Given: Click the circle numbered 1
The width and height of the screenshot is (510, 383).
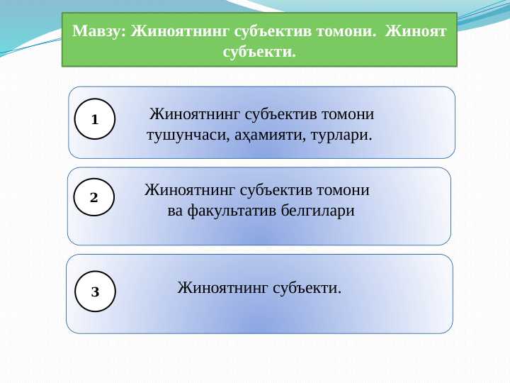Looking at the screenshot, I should click(x=95, y=118).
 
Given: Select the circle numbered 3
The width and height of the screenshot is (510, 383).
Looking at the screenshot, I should click(x=95, y=292).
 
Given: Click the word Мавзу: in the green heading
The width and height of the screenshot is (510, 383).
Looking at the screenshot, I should click(x=101, y=32).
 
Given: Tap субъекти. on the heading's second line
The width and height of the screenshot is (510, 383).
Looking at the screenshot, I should click(x=259, y=52).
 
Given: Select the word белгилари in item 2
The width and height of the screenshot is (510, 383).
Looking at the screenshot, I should click(x=318, y=211).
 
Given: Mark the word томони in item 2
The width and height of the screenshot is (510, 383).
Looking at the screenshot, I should click(x=344, y=190).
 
